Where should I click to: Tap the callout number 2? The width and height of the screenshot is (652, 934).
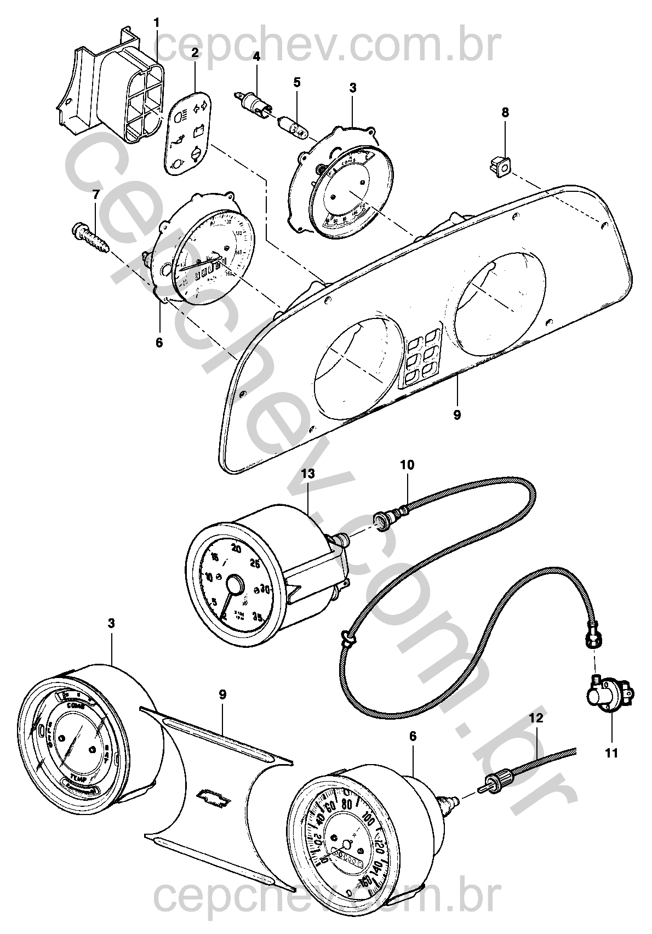pyautogui.click(x=195, y=53)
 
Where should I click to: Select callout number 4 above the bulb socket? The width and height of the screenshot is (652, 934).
pyautogui.click(x=256, y=56)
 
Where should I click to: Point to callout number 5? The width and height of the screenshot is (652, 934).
pyautogui.click(x=297, y=83)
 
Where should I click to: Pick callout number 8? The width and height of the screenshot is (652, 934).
pyautogui.click(x=505, y=112)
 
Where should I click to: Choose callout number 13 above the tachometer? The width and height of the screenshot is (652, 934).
pyautogui.click(x=308, y=474)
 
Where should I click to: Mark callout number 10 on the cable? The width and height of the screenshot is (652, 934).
pyautogui.click(x=407, y=465)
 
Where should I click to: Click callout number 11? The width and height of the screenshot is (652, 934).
pyautogui.click(x=611, y=753)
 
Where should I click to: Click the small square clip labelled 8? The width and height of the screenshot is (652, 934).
pyautogui.click(x=500, y=165)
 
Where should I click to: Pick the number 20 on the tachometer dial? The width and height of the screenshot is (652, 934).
pyautogui.click(x=237, y=549)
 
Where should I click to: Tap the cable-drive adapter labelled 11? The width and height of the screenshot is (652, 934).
pyautogui.click(x=607, y=698)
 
